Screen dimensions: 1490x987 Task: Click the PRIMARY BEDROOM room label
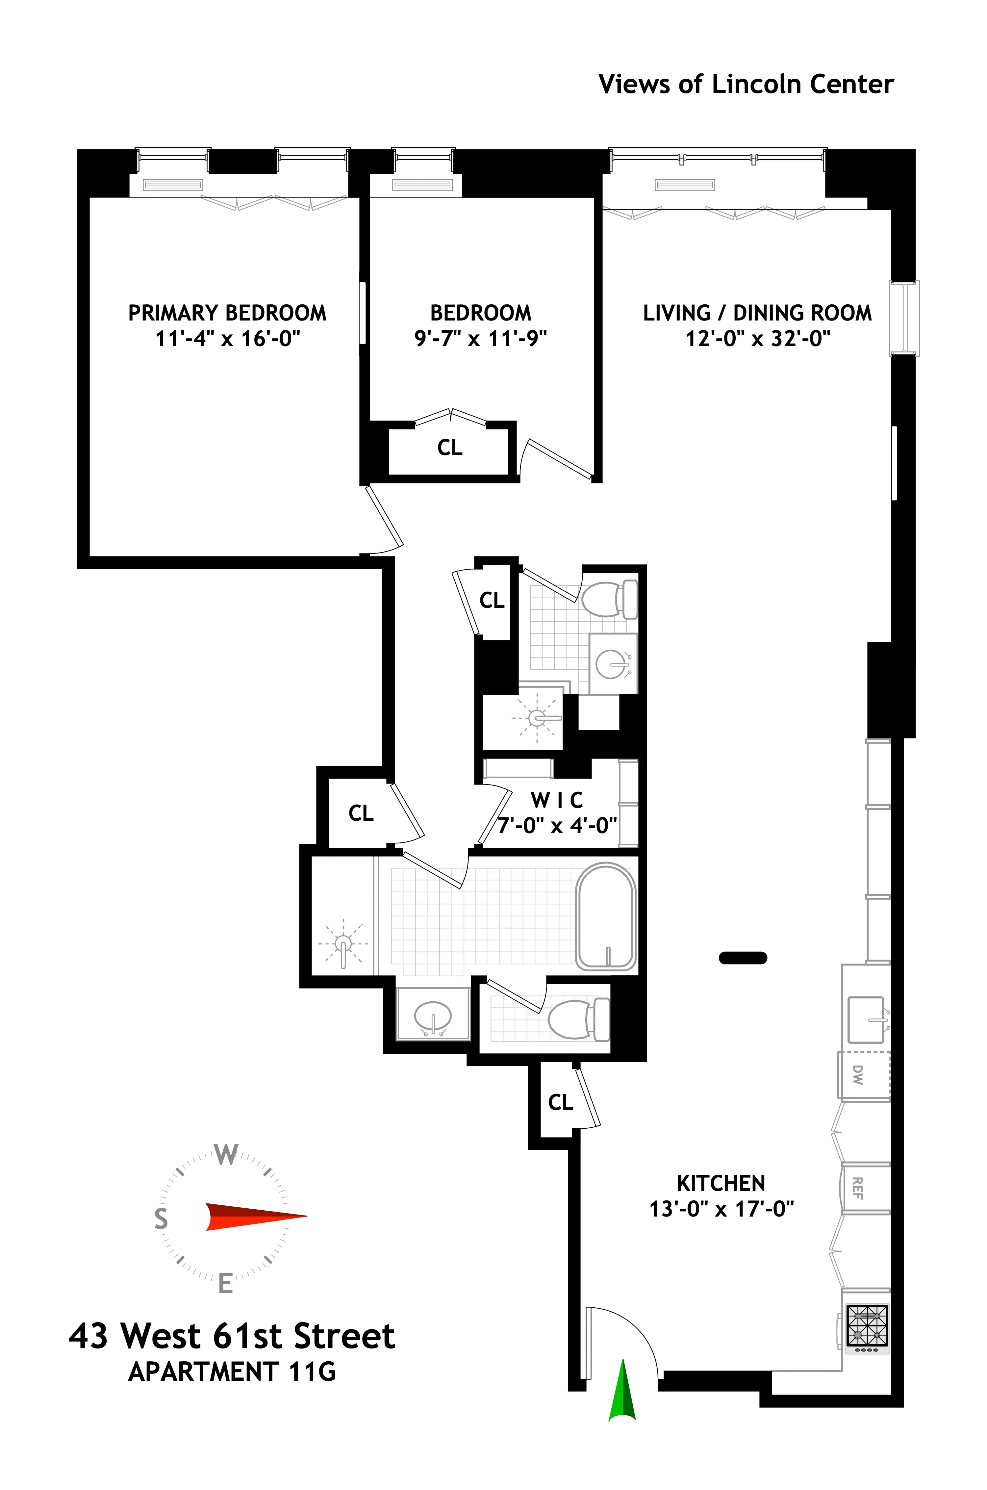click(x=227, y=313)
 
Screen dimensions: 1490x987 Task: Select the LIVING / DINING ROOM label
click(x=757, y=313)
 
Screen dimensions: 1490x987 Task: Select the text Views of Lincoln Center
click(x=746, y=84)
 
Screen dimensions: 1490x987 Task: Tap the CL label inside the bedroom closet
click(x=449, y=448)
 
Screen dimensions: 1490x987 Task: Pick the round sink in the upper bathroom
click(x=612, y=663)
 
